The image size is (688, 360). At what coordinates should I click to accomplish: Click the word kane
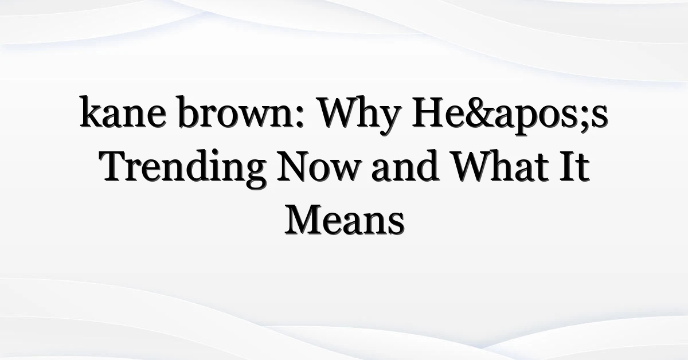(x=123, y=112)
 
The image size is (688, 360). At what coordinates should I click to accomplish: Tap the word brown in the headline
(x=236, y=112)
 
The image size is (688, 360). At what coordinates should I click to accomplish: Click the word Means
(x=345, y=220)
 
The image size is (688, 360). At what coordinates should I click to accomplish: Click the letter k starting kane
(x=91, y=112)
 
